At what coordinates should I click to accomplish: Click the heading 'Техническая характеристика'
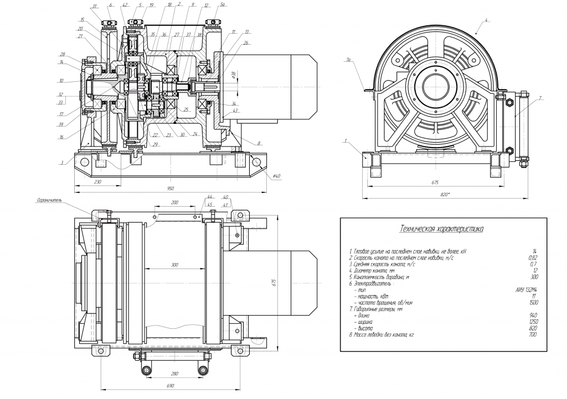pyautogui.click(x=442, y=228)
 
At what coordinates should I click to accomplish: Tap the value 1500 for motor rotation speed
pyautogui.click(x=532, y=303)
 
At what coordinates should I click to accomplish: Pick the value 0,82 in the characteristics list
pyautogui.click(x=533, y=258)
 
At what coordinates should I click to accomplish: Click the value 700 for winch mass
pyautogui.click(x=533, y=335)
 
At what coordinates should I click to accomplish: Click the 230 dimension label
pyautogui.click(x=97, y=181)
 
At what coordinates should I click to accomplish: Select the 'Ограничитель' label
pyautogui.click(x=50, y=200)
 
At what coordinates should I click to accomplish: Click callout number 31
pyautogui.click(x=95, y=6)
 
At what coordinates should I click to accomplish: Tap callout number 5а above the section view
pyautogui.click(x=222, y=4)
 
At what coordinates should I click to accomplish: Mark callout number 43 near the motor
pyautogui.click(x=236, y=111)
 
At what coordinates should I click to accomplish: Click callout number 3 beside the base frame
pyautogui.click(x=63, y=162)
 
